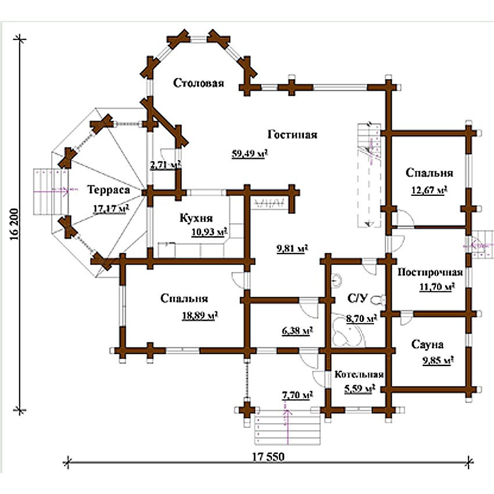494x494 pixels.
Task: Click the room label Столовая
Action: [x=199, y=83]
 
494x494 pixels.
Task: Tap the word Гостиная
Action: [x=292, y=134]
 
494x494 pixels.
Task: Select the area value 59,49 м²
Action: [x=250, y=154]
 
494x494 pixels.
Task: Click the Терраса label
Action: [x=108, y=189]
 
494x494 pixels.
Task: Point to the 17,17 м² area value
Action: [x=111, y=209]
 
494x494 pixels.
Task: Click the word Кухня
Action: [x=196, y=218]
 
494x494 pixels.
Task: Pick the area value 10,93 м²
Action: [x=209, y=232]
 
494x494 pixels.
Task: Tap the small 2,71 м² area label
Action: [x=165, y=165]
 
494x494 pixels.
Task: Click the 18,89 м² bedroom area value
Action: [x=201, y=316]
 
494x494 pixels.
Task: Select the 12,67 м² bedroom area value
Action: [x=429, y=190]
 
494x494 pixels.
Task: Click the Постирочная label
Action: [x=430, y=272]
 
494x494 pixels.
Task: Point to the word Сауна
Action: [x=427, y=345]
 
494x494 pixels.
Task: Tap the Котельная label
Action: [x=359, y=374]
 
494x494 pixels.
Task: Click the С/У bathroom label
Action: [x=357, y=298]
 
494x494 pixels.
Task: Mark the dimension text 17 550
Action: [x=269, y=456]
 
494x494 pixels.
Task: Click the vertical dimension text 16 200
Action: [x=15, y=224]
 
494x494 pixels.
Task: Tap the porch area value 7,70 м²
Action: [x=297, y=395]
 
